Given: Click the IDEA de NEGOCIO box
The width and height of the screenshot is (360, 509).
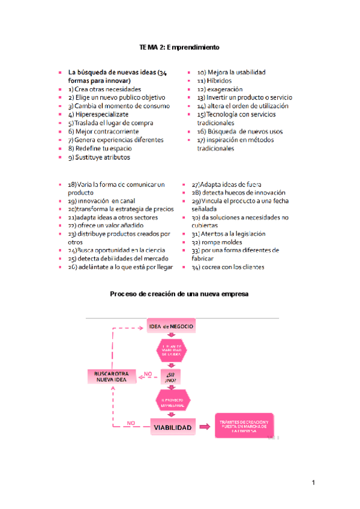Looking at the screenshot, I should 171,327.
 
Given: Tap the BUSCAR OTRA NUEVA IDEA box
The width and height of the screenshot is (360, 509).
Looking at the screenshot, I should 112,376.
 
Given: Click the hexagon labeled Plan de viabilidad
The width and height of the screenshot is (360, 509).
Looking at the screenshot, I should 171,351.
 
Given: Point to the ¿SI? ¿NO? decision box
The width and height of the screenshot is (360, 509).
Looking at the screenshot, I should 171,376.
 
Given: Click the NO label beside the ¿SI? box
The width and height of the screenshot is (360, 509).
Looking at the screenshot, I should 147,373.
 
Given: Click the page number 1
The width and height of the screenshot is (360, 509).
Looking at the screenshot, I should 313,483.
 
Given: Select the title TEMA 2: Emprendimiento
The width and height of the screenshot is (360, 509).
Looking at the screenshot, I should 179,47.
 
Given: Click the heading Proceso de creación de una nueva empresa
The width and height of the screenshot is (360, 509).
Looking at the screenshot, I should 179,294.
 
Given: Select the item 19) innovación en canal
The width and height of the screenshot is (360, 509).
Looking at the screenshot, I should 101,201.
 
